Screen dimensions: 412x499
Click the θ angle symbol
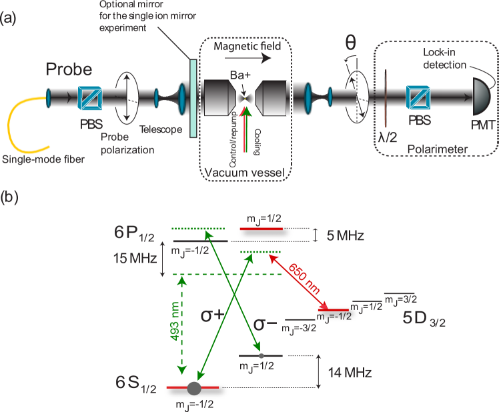[350, 43]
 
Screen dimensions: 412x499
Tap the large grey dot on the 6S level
[194, 387]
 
